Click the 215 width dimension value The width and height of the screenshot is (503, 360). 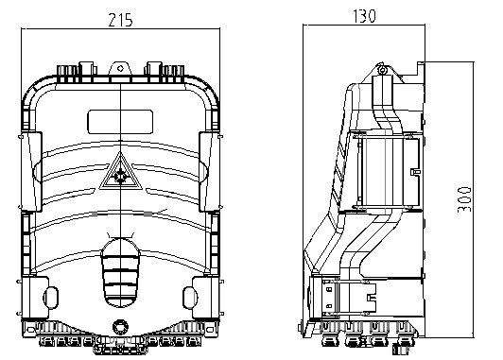tap(120, 20)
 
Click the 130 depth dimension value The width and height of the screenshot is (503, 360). tap(364, 16)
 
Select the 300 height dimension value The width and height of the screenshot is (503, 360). tap(464, 199)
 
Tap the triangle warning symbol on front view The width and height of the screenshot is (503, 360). tap(121, 171)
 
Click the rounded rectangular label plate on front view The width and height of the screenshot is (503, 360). tap(120, 122)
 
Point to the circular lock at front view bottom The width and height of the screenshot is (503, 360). tap(121, 327)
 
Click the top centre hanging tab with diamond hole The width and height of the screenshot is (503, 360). tap(121, 68)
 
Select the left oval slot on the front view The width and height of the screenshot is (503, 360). tap(51, 298)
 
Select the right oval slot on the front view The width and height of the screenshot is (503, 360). tap(190, 298)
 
